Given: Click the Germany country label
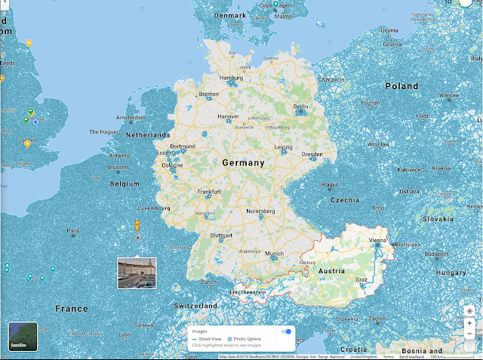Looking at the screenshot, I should point(243,162).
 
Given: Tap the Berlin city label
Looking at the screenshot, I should point(301,107).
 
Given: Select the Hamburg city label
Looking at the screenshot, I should point(231,78).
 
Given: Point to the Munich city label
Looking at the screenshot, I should point(274,254).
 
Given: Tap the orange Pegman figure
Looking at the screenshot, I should point(137,226).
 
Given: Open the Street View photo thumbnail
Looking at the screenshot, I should point(137,272).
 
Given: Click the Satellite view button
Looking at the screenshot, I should point(23,336).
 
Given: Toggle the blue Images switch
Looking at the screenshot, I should point(286,331).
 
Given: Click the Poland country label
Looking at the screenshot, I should point(401,86).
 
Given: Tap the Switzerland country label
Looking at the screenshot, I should point(195,306).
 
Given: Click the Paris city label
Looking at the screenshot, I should point(73,231).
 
